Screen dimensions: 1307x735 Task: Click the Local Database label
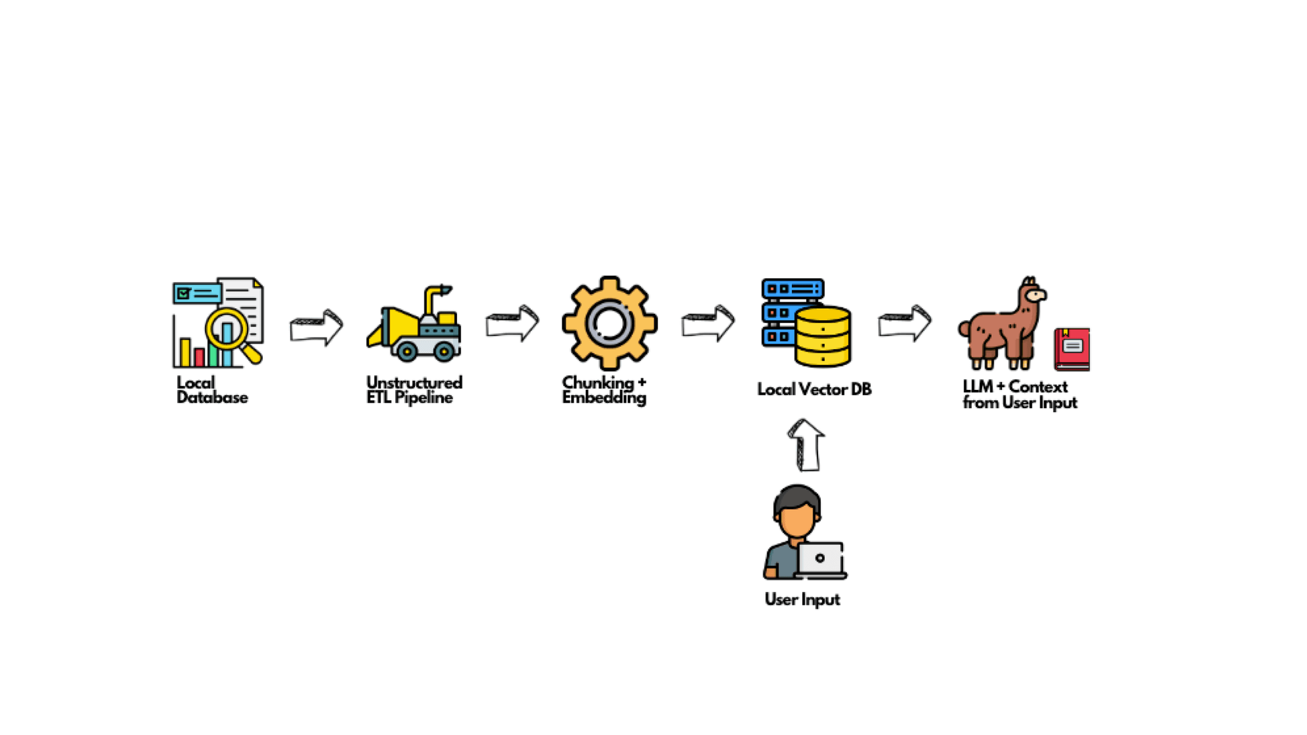point(212,390)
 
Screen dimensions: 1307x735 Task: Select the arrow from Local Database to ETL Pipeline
point(317,328)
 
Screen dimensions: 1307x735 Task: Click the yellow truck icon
point(414,323)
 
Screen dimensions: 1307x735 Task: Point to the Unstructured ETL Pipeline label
point(414,390)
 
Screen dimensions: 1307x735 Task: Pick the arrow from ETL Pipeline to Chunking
point(512,323)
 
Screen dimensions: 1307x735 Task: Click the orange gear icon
point(609,323)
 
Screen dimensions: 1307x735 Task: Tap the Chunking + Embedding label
point(604,390)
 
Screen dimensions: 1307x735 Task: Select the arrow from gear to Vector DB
point(708,323)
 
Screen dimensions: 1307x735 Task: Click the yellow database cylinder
point(823,336)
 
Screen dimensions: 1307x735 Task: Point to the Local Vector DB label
point(814,389)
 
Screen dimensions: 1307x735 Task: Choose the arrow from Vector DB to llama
point(905,323)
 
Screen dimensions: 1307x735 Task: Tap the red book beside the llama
point(1072,349)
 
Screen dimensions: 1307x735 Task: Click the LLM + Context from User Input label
point(1020,394)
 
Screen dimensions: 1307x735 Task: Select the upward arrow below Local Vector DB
point(806,445)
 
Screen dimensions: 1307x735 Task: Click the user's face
point(797,517)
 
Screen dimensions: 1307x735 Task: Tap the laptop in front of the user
point(821,560)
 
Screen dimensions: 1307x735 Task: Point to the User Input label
point(802,600)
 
